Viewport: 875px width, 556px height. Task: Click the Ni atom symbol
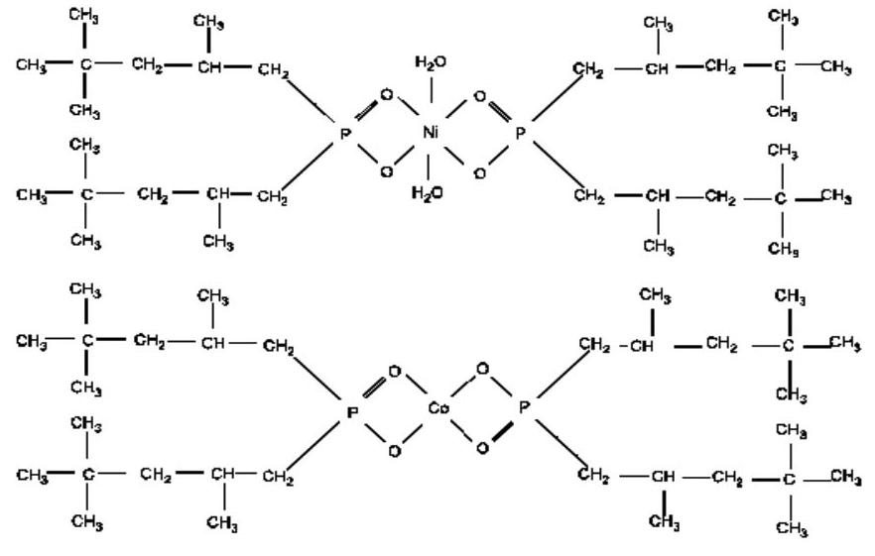431,132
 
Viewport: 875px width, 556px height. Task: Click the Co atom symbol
438,408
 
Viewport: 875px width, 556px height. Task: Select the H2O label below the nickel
428,191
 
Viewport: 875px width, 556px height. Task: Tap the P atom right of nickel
522,132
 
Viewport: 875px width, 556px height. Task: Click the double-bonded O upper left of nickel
386,95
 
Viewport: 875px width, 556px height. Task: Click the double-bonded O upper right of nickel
480,96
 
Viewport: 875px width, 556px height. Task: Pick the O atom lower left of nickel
386,171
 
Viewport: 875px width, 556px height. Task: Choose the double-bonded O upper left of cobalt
394,372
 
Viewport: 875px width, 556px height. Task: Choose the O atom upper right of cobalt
482,370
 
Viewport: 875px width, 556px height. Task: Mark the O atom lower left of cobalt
394,451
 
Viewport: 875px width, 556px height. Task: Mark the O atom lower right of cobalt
482,449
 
